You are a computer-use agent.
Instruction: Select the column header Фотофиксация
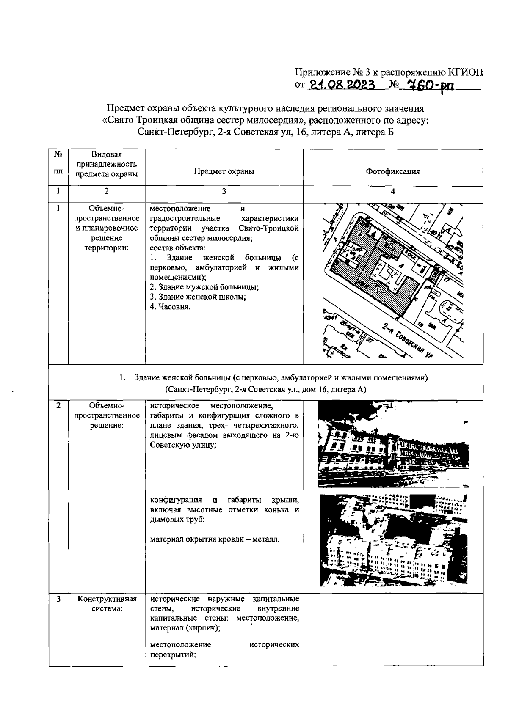coord(392,171)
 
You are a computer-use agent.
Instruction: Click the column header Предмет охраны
coord(224,171)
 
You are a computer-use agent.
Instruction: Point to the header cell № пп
coord(58,163)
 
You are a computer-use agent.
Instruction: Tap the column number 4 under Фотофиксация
coord(393,191)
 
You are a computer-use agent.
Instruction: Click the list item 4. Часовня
coord(170,307)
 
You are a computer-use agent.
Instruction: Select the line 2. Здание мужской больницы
coord(204,287)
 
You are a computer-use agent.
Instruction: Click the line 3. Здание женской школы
coord(198,297)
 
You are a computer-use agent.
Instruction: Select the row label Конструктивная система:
coord(107,604)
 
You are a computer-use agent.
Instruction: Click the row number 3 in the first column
coord(58,599)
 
